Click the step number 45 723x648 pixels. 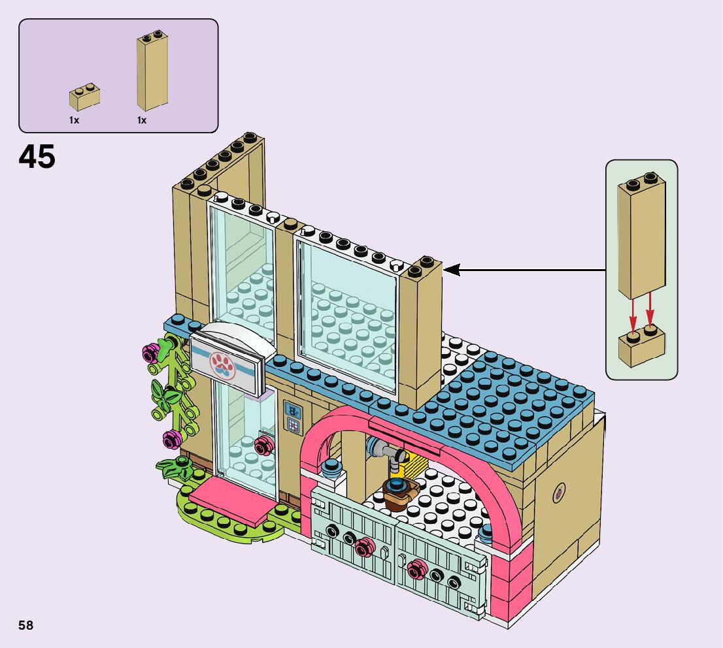(37, 157)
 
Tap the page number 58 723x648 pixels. (26, 625)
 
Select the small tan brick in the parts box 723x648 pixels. (84, 97)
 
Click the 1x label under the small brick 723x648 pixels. (74, 120)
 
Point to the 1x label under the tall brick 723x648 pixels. (142, 120)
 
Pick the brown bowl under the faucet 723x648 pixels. (397, 495)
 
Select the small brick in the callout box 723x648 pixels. (641, 346)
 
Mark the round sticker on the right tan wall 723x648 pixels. (560, 491)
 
